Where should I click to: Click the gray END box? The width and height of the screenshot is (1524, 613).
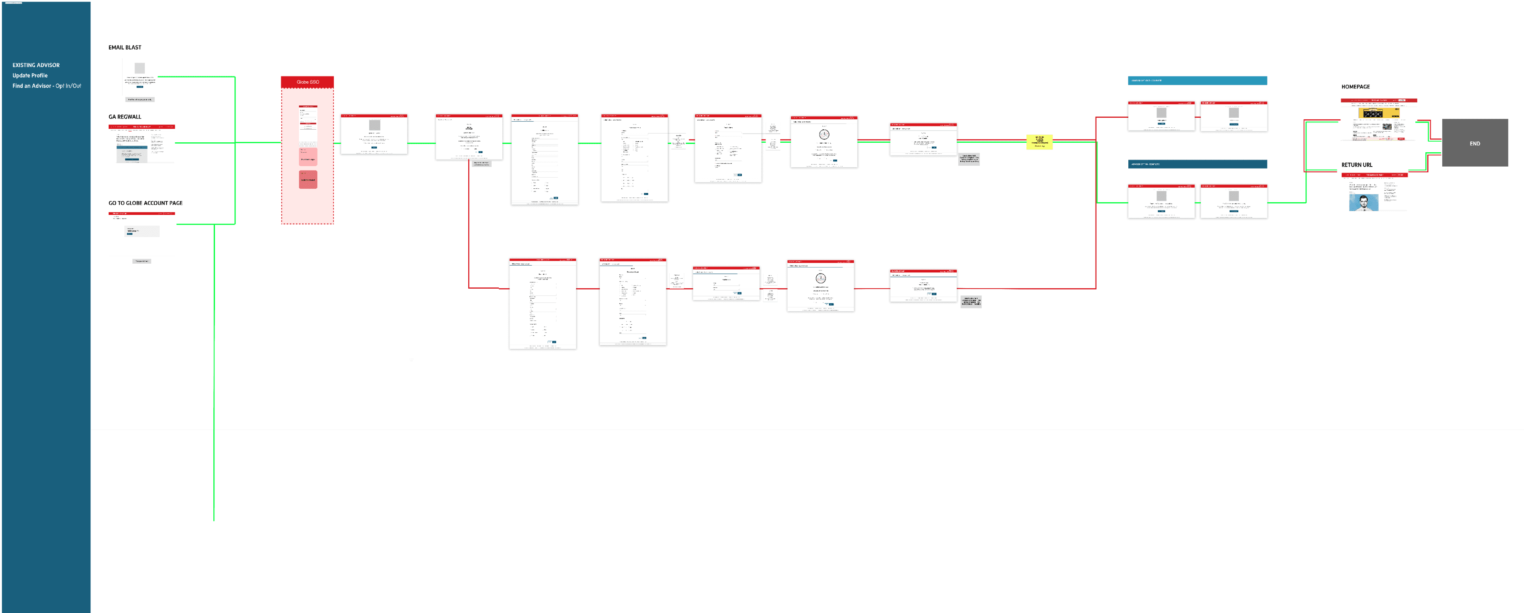pyautogui.click(x=1474, y=143)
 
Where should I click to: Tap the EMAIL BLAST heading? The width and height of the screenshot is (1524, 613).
pyautogui.click(x=125, y=47)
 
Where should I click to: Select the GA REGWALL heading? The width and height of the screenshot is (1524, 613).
pyautogui.click(x=125, y=117)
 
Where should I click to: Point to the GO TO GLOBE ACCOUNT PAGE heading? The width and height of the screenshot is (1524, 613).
pyautogui.click(x=146, y=203)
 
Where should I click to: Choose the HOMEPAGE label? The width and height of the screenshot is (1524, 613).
pyautogui.click(x=1356, y=87)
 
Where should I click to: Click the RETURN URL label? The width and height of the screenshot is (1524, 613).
pyautogui.click(x=1357, y=165)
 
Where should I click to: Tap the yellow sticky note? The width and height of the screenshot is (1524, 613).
pyautogui.click(x=1040, y=142)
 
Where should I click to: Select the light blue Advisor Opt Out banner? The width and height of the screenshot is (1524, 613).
pyautogui.click(x=1197, y=80)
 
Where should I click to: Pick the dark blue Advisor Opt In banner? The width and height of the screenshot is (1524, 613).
pyautogui.click(x=1197, y=164)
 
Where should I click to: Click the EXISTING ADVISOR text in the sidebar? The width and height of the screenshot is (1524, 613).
pyautogui.click(x=36, y=65)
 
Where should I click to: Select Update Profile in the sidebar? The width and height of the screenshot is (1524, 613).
pyautogui.click(x=30, y=76)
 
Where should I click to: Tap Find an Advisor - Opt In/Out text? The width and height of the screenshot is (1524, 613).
pyautogui.click(x=47, y=86)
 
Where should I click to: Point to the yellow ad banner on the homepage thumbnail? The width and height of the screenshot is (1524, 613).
pyautogui.click(x=1378, y=113)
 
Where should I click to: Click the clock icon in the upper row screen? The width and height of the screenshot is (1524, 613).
pyautogui.click(x=824, y=135)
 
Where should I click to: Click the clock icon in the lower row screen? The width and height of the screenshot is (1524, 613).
pyautogui.click(x=821, y=278)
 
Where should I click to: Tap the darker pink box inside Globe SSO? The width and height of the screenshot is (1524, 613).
pyautogui.click(x=308, y=179)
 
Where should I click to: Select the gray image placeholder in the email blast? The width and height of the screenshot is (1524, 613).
pyautogui.click(x=140, y=68)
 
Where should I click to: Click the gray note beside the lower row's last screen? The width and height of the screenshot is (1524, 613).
pyautogui.click(x=971, y=301)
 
